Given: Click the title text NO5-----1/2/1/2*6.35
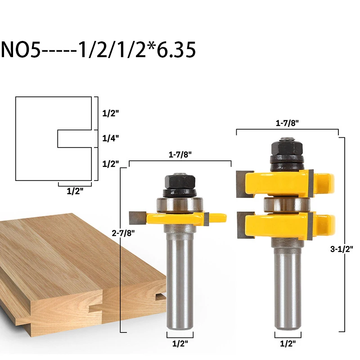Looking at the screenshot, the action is [x=98, y=49].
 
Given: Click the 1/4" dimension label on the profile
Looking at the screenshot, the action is [x=110, y=138].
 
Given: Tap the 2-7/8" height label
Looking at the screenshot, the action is [x=123, y=233].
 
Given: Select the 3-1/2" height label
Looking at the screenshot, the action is [x=342, y=249].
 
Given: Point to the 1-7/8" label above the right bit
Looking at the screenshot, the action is [x=287, y=123].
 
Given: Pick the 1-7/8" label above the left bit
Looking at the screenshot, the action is [x=180, y=154].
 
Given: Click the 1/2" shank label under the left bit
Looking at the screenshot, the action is [x=180, y=344].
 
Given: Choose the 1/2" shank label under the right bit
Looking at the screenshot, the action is [x=288, y=344].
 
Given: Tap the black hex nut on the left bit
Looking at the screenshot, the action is [x=180, y=182].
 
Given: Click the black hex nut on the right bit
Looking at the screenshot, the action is [x=287, y=148].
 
